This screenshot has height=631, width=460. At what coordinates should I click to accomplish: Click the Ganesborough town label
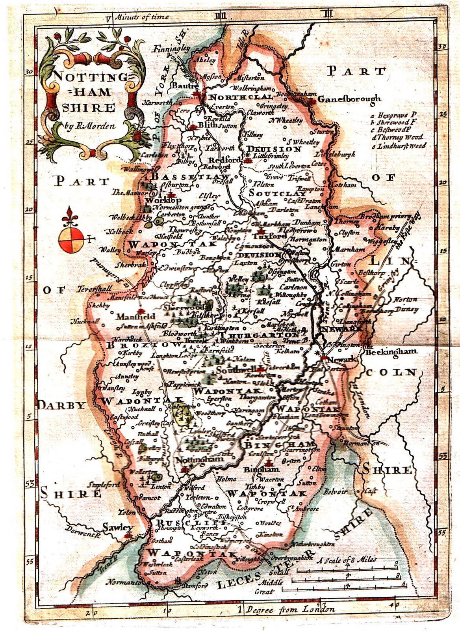click(x=349, y=99)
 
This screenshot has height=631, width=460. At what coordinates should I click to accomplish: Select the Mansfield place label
click(x=135, y=316)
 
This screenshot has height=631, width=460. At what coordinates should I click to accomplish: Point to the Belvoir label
click(x=335, y=492)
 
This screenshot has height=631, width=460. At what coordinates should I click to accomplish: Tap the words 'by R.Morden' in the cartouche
click(x=90, y=126)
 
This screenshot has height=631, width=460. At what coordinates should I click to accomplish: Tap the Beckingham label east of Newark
click(x=391, y=352)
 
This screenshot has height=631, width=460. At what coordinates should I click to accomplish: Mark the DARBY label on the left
click(x=62, y=405)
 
